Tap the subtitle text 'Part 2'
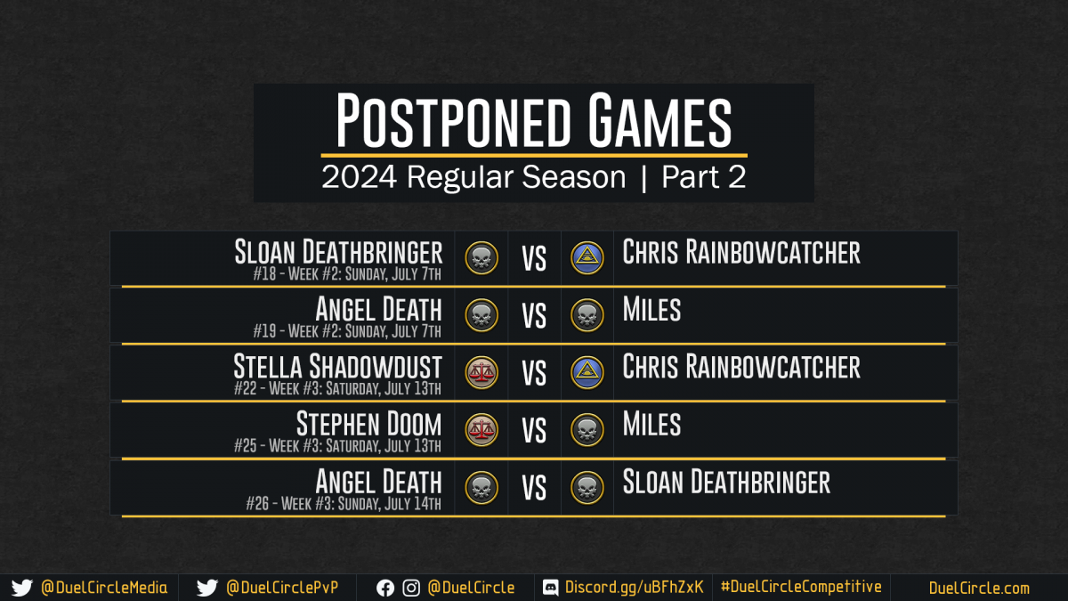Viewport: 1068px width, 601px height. pos(703,177)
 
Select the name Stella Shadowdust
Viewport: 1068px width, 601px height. pos(337,366)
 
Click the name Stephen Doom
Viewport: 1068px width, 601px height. pos(369,424)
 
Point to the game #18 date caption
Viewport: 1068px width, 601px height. pos(347,274)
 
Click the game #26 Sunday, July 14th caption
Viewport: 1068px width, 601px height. pos(344,503)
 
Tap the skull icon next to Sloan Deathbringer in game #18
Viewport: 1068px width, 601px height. pos(481,258)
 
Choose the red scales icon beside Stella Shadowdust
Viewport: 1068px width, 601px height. pos(481,372)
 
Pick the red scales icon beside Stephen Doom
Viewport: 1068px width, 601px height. pos(481,430)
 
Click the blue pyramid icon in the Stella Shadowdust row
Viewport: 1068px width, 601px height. pos(587,372)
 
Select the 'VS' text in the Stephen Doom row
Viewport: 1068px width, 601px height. pos(534,431)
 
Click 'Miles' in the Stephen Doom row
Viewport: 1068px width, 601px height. pos(651,424)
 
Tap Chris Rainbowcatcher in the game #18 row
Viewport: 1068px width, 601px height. pos(741,252)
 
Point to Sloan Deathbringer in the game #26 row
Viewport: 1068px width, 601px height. pos(726,482)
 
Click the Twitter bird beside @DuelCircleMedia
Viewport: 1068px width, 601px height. pos(22,588)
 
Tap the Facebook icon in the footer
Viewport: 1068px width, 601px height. pos(385,589)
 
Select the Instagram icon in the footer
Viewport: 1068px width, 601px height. pos(411,589)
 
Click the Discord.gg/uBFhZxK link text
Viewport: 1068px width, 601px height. pos(634,587)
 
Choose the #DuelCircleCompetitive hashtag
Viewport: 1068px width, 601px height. pos(801,587)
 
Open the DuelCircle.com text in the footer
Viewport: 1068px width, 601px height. pos(979,588)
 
